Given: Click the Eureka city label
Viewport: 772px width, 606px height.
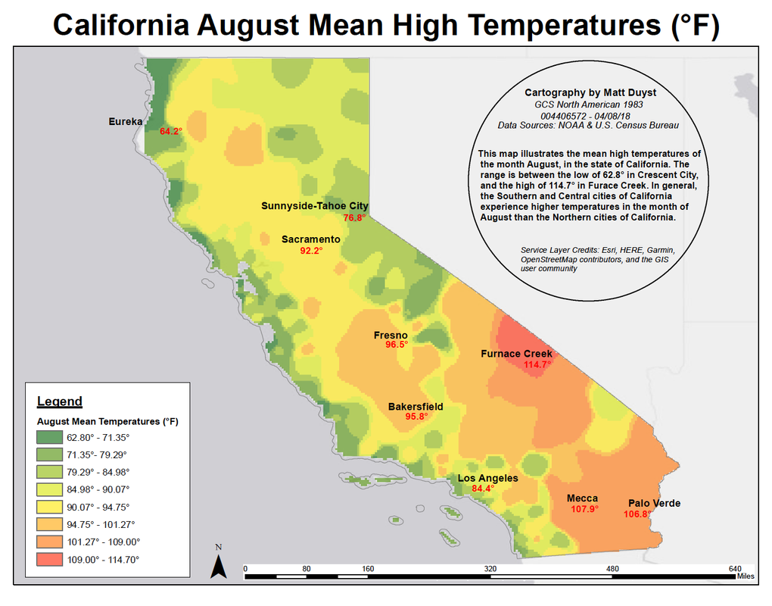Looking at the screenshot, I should (x=126, y=121).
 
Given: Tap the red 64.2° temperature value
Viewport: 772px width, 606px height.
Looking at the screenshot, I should (x=171, y=132).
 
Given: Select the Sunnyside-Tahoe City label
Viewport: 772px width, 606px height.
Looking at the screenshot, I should (x=314, y=206).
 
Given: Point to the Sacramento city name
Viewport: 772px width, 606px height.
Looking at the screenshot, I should (x=310, y=239).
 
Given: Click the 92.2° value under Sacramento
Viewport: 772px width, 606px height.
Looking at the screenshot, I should (x=311, y=251).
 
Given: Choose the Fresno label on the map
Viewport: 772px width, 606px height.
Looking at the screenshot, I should (x=391, y=336).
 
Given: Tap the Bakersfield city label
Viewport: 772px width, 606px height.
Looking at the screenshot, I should (x=416, y=407).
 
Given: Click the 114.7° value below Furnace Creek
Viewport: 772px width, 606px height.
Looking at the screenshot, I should (x=537, y=364).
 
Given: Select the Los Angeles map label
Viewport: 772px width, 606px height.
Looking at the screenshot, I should (x=487, y=478).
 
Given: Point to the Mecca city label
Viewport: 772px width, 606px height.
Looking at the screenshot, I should (x=582, y=498).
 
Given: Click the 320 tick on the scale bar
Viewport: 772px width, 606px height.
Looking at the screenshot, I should (x=490, y=569).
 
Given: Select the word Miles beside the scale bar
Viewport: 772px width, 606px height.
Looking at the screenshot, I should (x=745, y=576).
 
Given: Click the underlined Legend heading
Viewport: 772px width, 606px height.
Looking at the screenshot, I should (x=59, y=401).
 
